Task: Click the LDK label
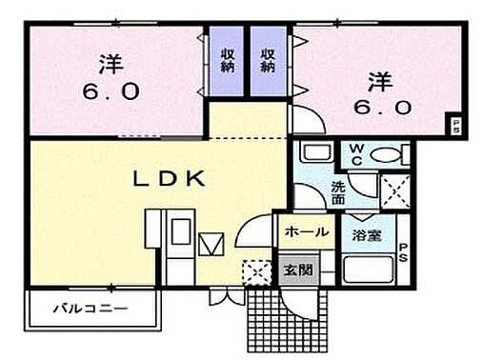[165, 177]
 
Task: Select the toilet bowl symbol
[387, 156]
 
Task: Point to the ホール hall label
[304, 231]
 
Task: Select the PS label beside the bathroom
[403, 251]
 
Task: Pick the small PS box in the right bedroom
[455, 124]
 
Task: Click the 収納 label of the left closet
[229, 61]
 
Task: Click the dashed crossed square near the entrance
[253, 270]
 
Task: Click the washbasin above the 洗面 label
[313, 153]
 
